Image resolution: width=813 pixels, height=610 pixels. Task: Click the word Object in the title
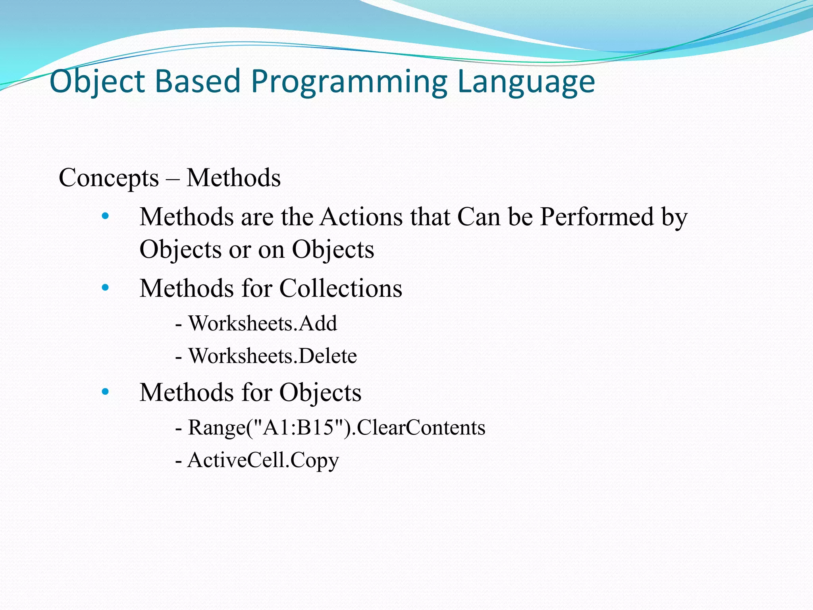pos(97,82)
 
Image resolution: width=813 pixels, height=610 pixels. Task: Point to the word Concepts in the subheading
pos(109,178)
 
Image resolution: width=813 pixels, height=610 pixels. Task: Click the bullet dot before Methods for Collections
pos(105,288)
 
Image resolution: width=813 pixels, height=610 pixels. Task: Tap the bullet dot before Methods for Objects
pos(105,392)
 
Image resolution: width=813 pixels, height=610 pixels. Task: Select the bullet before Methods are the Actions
pos(105,216)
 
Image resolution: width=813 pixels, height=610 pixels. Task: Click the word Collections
pos(341,288)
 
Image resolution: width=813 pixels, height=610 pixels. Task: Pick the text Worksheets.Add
pos(263,323)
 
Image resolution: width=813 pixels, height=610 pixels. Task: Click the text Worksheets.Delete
pos(272,356)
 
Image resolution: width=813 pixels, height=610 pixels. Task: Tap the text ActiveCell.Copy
pos(263,461)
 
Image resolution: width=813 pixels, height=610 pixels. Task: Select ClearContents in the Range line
pos(421,428)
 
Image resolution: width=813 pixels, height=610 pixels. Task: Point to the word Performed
pos(597,217)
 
